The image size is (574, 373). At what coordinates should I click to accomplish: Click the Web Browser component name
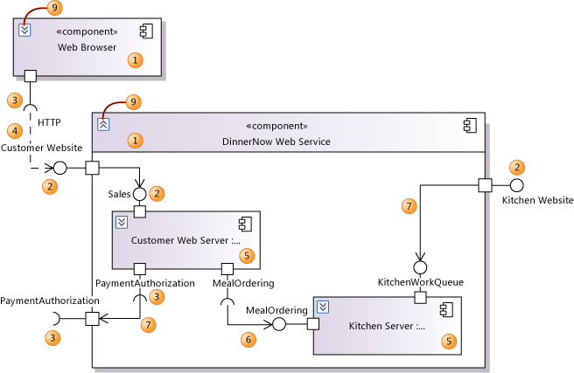(87, 47)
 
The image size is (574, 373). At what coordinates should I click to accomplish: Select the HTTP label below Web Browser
(49, 122)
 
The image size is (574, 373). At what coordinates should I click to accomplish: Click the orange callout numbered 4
(13, 130)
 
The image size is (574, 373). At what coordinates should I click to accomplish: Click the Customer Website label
(41, 149)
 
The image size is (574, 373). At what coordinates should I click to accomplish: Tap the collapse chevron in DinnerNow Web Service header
(103, 124)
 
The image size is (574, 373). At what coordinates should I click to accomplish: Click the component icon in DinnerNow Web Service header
(469, 125)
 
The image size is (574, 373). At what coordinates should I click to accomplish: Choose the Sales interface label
(119, 193)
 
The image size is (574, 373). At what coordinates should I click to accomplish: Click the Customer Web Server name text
(185, 239)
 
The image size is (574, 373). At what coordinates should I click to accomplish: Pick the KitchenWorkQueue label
(420, 282)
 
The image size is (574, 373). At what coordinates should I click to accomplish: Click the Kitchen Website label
(537, 201)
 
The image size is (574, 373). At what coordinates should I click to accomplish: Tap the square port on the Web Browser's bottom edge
(30, 75)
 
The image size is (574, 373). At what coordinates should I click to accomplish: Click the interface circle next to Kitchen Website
(516, 185)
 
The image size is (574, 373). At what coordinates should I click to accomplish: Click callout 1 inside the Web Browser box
(135, 59)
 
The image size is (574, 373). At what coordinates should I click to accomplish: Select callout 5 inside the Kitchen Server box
(450, 342)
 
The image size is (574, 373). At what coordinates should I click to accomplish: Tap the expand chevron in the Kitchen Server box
(323, 306)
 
